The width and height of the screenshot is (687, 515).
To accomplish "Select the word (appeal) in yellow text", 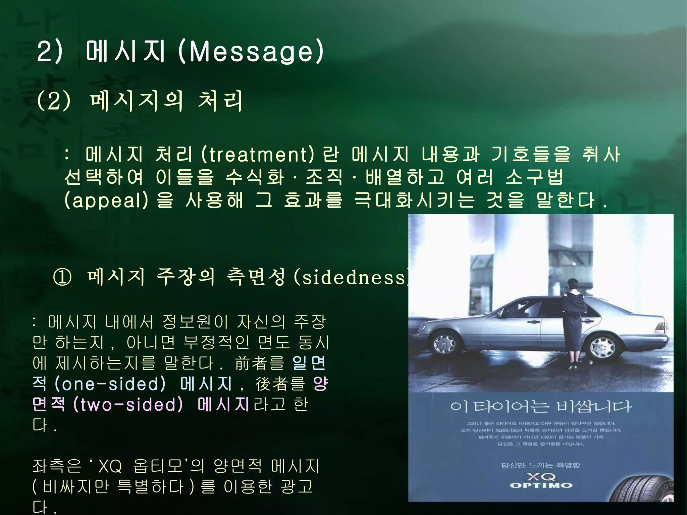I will point(106,201).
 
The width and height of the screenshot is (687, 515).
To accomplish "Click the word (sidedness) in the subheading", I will point(351,277).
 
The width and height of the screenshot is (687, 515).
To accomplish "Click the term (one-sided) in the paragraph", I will point(110,384).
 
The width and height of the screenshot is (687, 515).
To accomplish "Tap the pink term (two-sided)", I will point(128,405).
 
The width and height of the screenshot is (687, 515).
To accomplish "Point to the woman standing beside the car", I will point(574,322).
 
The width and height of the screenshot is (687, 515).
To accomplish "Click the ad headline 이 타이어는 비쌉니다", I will point(540,407).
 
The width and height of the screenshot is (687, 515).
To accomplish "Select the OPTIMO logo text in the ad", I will point(541,485).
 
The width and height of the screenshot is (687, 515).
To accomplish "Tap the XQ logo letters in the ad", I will point(541,476).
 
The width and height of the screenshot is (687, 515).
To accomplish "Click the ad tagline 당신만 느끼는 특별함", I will point(540,465).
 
